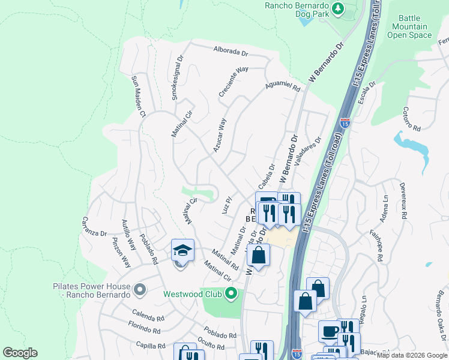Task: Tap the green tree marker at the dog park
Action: click(x=338, y=8)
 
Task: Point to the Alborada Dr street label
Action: click(x=231, y=52)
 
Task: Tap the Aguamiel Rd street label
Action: click(x=283, y=87)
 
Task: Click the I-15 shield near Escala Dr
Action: click(x=345, y=123)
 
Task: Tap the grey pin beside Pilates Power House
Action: click(x=140, y=290)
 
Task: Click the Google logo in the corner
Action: click(x=20, y=353)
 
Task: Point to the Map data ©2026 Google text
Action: click(x=412, y=355)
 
